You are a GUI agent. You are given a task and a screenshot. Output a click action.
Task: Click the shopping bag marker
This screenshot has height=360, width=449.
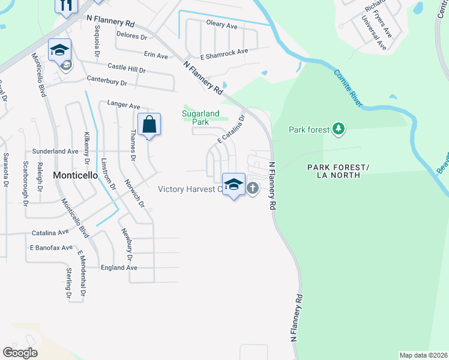click(x=149, y=125)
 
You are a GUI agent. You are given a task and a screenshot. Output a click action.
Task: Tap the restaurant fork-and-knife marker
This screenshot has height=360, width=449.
click(x=66, y=4)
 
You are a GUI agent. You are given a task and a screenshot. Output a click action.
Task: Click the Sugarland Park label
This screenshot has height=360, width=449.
click(x=201, y=117)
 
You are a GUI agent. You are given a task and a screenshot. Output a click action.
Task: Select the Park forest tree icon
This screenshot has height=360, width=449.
click(x=339, y=128)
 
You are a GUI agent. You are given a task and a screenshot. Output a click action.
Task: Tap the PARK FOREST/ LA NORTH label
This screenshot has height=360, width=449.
click(x=334, y=171)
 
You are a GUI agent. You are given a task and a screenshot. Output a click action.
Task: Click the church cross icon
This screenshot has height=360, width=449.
click(x=253, y=188)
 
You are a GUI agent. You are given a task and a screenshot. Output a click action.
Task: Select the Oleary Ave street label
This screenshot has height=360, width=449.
click(x=222, y=25)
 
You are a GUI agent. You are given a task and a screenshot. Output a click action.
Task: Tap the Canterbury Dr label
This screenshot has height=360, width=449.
click(x=107, y=82)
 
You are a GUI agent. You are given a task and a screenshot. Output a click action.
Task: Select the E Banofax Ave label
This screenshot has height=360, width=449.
click(x=50, y=247)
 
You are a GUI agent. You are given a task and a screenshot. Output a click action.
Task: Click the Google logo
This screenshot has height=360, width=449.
click(x=20, y=352)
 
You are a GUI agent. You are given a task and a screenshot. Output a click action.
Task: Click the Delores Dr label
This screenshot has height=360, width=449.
click(x=131, y=37)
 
